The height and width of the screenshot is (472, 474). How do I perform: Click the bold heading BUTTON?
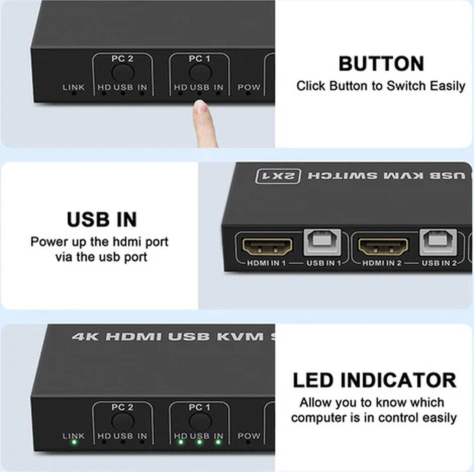click(381, 64)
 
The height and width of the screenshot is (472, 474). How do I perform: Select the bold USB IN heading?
click(102, 219)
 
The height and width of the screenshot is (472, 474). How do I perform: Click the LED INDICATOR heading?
click(374, 380)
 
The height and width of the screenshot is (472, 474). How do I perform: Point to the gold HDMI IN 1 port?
click(267, 246)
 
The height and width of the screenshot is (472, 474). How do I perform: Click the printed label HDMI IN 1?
click(266, 263)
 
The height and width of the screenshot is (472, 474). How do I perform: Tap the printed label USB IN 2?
click(439, 262)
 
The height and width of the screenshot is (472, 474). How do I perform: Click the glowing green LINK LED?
click(73, 442)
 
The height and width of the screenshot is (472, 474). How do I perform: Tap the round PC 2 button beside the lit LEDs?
click(122, 421)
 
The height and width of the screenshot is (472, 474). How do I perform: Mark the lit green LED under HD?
click(180, 442)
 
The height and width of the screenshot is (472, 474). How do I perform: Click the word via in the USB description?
click(64, 257)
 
